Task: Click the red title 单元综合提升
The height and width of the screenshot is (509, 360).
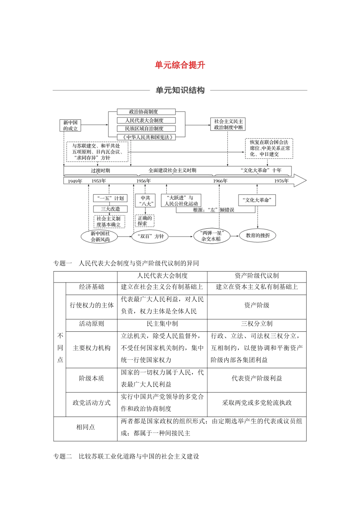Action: (180, 65)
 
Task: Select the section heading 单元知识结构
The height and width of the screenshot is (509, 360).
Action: (180, 90)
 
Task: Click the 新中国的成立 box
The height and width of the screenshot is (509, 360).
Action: (70, 125)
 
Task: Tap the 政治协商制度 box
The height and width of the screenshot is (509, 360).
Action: (146, 112)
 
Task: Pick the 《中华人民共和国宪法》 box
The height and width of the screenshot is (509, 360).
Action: (146, 137)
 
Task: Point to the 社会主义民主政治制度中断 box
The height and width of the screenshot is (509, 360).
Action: (228, 124)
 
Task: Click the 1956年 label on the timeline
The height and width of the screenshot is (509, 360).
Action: (144, 181)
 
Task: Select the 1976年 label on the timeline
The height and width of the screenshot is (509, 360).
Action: (281, 181)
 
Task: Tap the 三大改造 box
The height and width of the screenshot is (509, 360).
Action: (110, 209)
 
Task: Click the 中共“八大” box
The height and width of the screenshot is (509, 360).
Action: (146, 201)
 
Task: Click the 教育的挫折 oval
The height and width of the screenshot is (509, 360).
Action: (258, 236)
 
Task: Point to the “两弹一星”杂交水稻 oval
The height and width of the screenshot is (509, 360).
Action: (211, 236)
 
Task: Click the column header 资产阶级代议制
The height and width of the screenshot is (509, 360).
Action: (257, 276)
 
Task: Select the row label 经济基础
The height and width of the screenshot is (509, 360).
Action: (91, 287)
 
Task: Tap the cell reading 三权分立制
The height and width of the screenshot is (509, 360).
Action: (257, 324)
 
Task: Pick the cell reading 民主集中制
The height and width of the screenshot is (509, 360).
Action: (162, 324)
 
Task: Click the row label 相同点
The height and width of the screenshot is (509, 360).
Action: (85, 427)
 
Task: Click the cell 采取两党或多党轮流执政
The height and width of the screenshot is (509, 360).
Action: (257, 403)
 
